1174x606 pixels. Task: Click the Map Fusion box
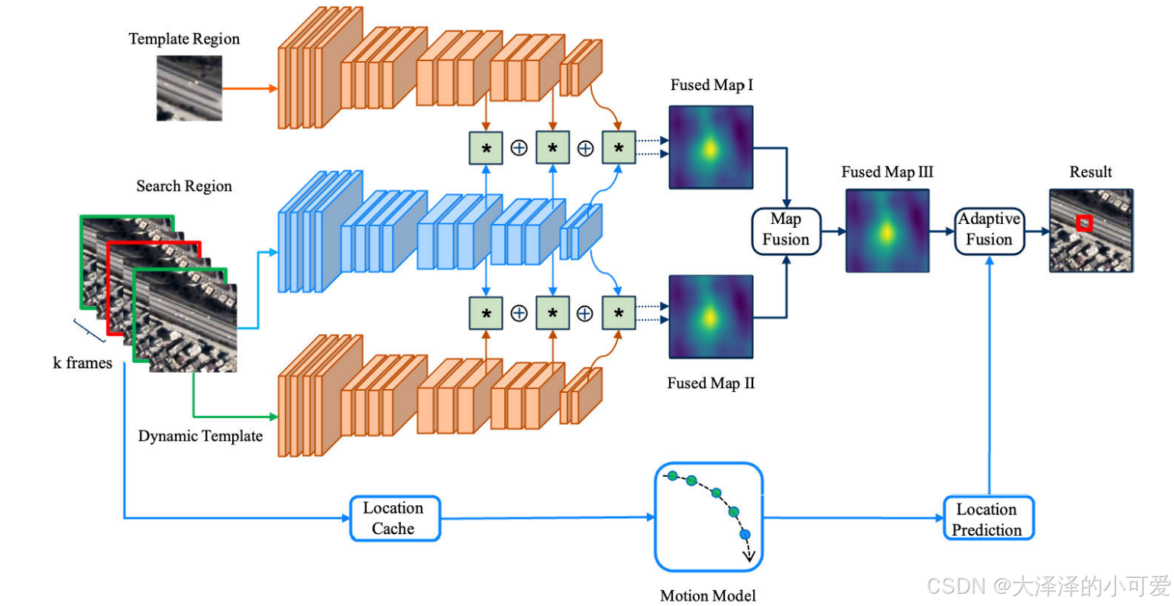coord(785,230)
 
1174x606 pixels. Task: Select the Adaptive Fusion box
coord(989,229)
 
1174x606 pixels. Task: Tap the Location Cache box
coord(394,519)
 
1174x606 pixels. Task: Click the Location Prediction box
coord(988,520)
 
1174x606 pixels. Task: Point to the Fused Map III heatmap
coord(887,230)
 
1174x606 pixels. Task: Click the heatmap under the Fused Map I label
coord(710,147)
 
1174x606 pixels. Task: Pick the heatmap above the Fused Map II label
coord(710,316)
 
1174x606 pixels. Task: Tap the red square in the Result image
coord(1084,223)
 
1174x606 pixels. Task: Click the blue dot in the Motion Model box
coord(745,535)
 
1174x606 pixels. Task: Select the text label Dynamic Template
coord(200,436)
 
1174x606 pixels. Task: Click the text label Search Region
coord(184,186)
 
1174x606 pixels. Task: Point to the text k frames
coord(82,363)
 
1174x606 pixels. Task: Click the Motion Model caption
coord(707,595)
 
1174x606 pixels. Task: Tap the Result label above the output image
coord(1090,172)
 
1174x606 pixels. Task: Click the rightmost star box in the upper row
coord(618,148)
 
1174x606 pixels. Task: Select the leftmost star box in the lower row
coord(486,313)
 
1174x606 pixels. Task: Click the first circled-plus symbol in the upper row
coord(519,148)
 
